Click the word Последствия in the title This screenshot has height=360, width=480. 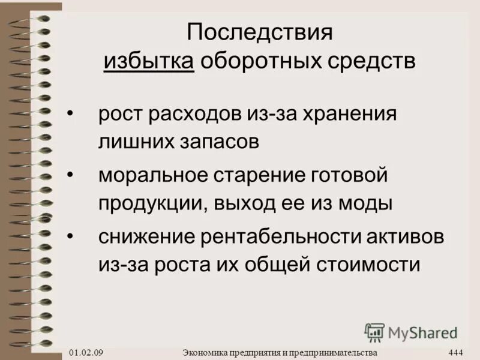[x=260, y=32]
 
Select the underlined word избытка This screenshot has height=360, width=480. [x=149, y=62]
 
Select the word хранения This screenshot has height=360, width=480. [x=348, y=113]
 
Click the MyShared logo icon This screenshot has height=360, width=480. [x=374, y=332]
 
